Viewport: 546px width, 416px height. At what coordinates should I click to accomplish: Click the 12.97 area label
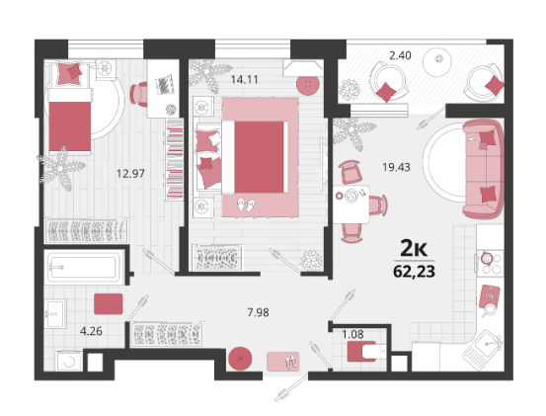(x=130, y=173)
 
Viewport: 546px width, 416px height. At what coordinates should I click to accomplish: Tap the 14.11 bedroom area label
(x=245, y=80)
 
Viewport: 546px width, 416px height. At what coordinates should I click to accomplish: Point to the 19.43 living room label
(x=396, y=167)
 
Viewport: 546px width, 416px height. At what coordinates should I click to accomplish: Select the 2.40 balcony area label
(x=400, y=55)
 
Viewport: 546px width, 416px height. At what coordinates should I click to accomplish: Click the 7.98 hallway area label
(x=258, y=312)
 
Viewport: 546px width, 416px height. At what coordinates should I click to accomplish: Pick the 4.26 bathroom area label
(x=91, y=331)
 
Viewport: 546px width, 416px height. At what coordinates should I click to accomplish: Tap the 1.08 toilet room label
(x=352, y=334)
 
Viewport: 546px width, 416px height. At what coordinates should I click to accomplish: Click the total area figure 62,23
(x=414, y=272)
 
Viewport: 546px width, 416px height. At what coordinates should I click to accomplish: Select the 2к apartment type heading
(x=414, y=248)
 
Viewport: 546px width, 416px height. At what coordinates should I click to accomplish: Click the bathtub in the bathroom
(x=83, y=267)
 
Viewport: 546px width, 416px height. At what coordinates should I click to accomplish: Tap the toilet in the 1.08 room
(x=366, y=351)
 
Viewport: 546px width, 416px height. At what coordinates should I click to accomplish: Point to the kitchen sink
(x=484, y=347)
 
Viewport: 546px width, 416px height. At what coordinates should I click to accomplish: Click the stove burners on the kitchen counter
(x=490, y=264)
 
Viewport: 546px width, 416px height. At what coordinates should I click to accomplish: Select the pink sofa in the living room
(x=483, y=169)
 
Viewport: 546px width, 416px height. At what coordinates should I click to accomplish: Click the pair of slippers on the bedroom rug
(x=246, y=205)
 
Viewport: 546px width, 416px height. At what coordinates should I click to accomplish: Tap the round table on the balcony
(x=437, y=62)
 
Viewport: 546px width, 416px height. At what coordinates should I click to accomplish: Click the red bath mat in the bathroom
(x=109, y=303)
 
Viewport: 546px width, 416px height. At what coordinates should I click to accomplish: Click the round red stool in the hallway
(x=240, y=359)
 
